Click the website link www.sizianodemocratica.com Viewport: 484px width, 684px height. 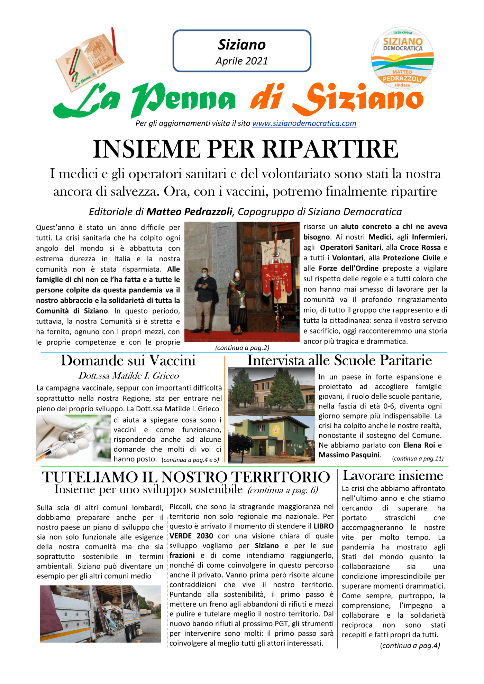[x=304, y=123]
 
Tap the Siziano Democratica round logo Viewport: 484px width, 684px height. [x=402, y=58]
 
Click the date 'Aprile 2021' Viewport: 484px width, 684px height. [x=242, y=61]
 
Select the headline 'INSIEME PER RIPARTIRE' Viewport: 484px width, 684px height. [x=246, y=149]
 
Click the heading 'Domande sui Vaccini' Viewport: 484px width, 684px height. [x=128, y=360]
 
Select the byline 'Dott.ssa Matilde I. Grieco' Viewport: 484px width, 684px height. [x=129, y=376]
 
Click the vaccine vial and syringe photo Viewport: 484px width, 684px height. [x=73, y=439]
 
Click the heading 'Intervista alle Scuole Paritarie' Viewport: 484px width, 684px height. [x=339, y=360]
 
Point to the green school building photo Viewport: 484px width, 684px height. [x=271, y=440]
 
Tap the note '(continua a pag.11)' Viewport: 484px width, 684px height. [x=418, y=459]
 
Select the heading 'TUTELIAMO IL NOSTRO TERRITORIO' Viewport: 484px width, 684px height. [x=186, y=477]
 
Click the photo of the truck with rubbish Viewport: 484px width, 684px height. [x=100, y=613]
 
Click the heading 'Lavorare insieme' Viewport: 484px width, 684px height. [x=393, y=476]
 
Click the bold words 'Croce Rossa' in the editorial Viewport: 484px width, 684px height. [x=420, y=247]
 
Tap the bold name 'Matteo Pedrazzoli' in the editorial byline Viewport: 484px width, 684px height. [x=189, y=212]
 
